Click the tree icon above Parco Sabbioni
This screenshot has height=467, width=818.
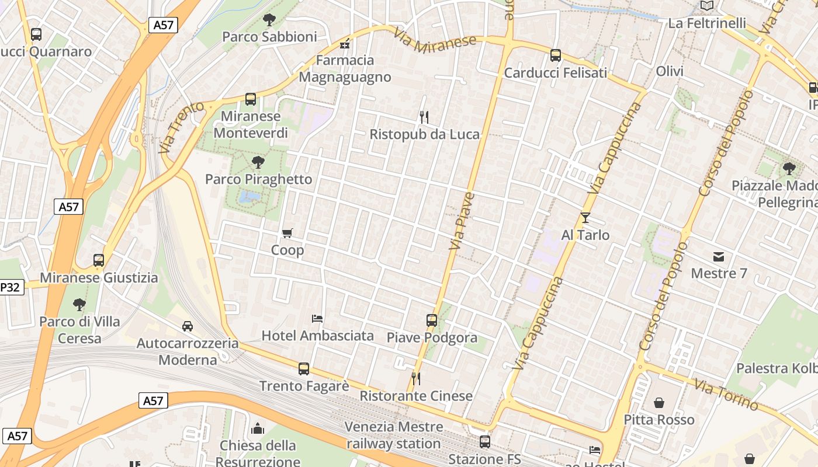[x=269, y=20]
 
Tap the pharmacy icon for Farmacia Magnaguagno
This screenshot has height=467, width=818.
[x=345, y=44]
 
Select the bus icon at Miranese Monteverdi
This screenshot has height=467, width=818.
[x=251, y=99]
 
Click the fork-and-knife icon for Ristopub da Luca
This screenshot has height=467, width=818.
[x=424, y=117]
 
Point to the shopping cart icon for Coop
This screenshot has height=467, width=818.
[x=287, y=233]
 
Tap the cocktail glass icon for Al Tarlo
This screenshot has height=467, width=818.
[x=585, y=218]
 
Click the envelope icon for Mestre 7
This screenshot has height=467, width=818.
[x=718, y=256]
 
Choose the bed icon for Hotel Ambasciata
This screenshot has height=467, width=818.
[x=317, y=319]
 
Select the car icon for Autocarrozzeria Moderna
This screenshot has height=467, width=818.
[x=188, y=326]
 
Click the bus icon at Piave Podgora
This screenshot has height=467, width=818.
[x=432, y=320]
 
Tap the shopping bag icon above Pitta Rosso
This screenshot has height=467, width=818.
[x=659, y=403]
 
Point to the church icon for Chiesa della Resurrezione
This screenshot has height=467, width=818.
[x=258, y=429]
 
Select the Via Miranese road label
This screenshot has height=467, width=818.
[x=435, y=41]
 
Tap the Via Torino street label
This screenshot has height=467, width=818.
[x=726, y=395]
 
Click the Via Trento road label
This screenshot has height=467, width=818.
[x=182, y=127]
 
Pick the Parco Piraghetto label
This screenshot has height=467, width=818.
[x=258, y=179]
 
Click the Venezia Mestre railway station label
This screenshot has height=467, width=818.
[x=393, y=435]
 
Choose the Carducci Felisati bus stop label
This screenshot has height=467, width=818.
[x=555, y=73]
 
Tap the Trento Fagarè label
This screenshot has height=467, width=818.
[x=304, y=386]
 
